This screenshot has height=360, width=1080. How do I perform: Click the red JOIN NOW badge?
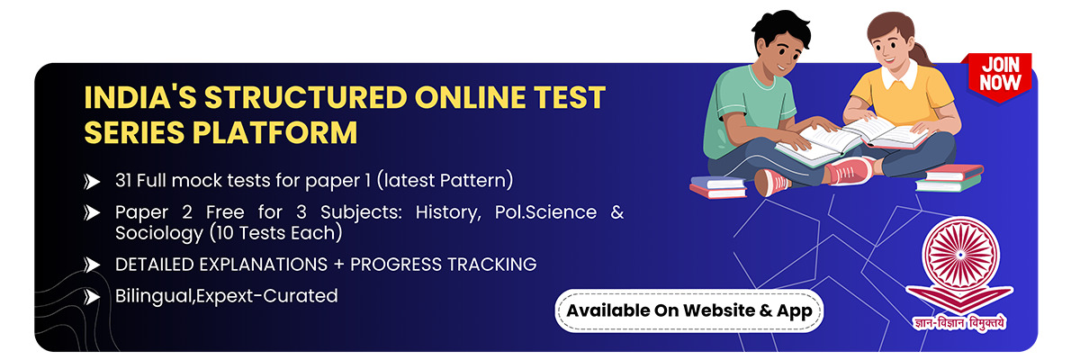1000,77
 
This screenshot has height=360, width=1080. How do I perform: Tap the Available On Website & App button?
689,310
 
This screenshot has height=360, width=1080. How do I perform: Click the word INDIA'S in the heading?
140,97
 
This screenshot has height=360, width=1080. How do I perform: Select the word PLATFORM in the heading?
275,132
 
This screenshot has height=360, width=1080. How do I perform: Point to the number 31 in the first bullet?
123,181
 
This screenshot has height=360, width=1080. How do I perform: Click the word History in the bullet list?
448,212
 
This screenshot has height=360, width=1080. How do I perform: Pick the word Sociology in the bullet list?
158,234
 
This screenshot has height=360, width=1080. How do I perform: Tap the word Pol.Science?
545,212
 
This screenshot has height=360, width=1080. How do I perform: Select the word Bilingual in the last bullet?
154,296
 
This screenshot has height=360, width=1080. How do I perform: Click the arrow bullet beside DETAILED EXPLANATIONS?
91,265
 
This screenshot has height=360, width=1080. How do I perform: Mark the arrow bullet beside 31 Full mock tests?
91,182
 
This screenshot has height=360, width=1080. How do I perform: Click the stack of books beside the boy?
718,187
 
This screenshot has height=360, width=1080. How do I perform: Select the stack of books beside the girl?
949,178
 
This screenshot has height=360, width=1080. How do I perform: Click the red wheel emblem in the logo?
960,255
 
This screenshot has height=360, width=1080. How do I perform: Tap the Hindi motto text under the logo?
959,323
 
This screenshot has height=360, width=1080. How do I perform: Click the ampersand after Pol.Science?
617,212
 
